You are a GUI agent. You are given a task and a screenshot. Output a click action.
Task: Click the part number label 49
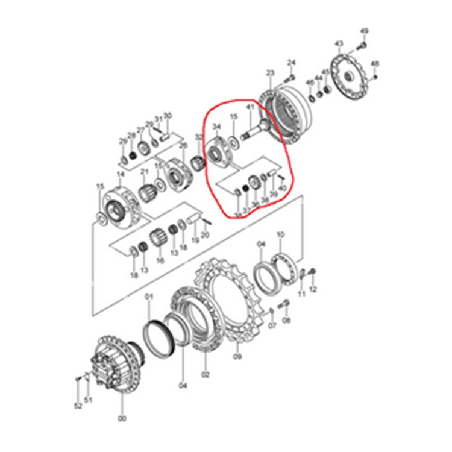[364, 31]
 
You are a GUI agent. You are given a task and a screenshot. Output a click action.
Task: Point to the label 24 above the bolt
[292, 62]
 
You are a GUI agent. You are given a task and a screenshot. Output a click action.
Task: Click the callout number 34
[216, 126]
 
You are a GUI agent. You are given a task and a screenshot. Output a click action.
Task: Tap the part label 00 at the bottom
[122, 419]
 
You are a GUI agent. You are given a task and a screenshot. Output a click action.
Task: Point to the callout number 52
[78, 406]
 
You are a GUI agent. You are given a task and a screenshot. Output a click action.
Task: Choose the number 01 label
[149, 297]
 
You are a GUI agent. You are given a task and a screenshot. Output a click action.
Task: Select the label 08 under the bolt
[286, 321]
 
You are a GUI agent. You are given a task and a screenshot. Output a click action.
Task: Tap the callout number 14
[120, 174]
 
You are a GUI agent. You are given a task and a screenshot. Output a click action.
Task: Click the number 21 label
[145, 172]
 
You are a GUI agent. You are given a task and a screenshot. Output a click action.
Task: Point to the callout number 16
[160, 260]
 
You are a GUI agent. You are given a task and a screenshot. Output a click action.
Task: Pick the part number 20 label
[205, 234]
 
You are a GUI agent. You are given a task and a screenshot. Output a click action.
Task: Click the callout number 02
[204, 375]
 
